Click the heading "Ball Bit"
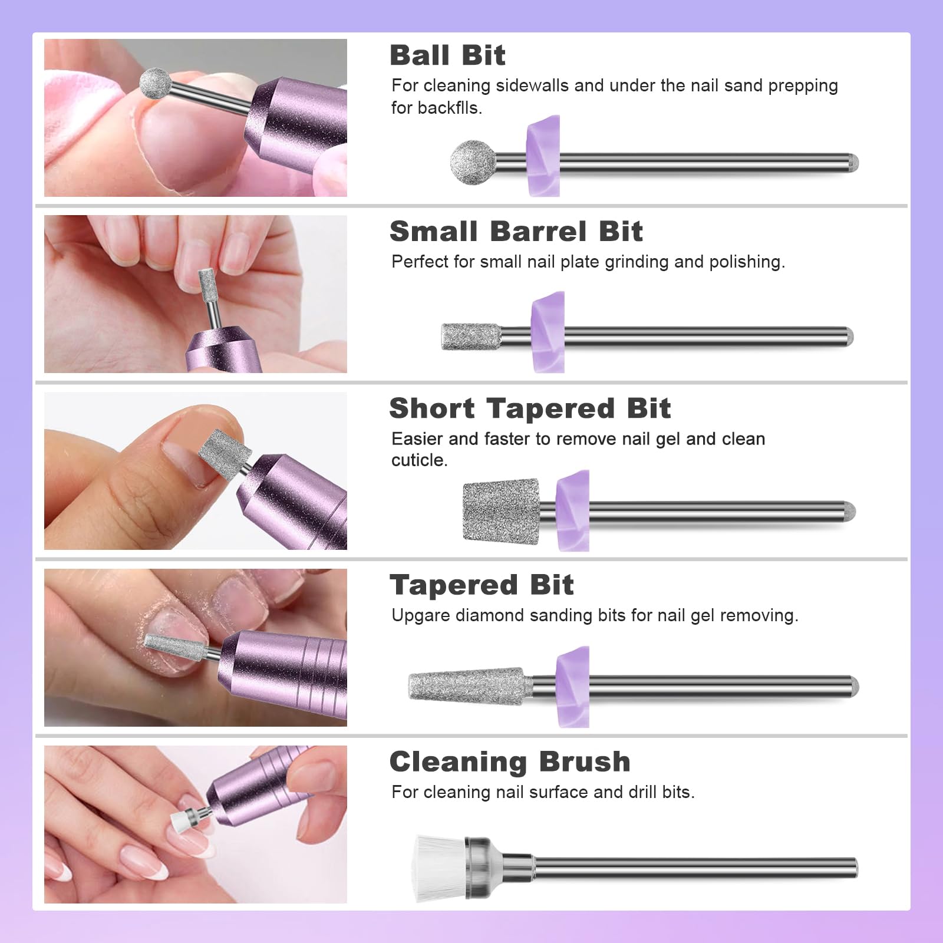pyautogui.click(x=447, y=55)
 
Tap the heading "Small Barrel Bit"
pyautogui.click(x=516, y=231)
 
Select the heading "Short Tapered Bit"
pyautogui.click(x=530, y=408)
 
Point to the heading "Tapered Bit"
pyautogui.click(x=482, y=585)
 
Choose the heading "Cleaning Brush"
pyautogui.click(x=510, y=761)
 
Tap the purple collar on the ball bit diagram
pyautogui.click(x=543, y=156)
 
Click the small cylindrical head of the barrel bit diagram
pyautogui.click(x=471, y=337)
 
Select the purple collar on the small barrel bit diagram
pyautogui.click(x=548, y=332)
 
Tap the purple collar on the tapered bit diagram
pyautogui.click(x=573, y=687)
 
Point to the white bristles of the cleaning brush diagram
pyautogui.click(x=439, y=868)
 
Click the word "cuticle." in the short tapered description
pyautogui.click(x=420, y=460)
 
